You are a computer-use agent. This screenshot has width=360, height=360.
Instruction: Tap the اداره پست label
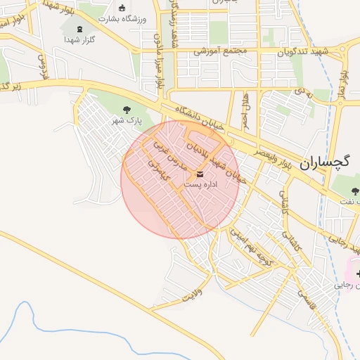pyautogui.click(x=202, y=184)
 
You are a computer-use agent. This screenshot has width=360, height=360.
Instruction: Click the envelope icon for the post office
pyautogui.click(x=201, y=174)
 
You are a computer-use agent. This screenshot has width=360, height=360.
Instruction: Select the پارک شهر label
pyautogui.click(x=127, y=121)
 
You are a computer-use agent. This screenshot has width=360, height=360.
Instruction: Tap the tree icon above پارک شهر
pyautogui.click(x=127, y=110)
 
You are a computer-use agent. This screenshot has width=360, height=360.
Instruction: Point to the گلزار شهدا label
pyautogui.click(x=79, y=40)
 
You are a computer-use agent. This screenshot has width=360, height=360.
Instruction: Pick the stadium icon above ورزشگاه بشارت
pyautogui.click(x=122, y=8)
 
